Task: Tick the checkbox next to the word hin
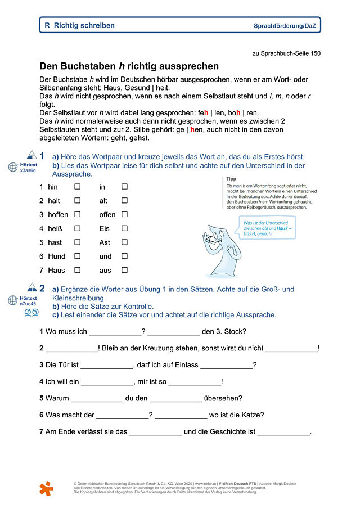(78, 187)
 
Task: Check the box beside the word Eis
(124, 228)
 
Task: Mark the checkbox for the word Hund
(78, 256)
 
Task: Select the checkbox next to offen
(124, 214)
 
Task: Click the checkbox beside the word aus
(124, 271)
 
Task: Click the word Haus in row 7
(56, 271)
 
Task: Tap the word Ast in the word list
(105, 242)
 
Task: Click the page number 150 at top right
(315, 53)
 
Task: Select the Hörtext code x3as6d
(28, 170)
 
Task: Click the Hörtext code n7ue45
(28, 304)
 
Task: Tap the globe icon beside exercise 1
(13, 167)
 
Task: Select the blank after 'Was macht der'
(122, 416)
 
